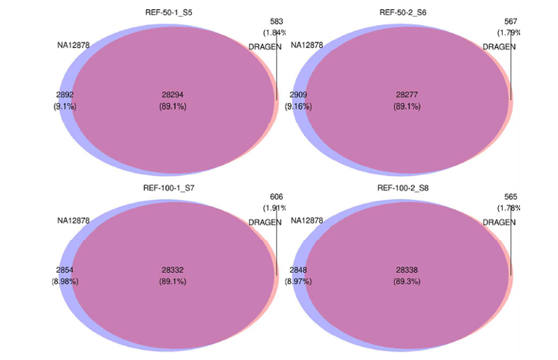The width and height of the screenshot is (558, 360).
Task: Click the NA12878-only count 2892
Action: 65,95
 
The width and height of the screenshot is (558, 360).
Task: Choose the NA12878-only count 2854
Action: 65,270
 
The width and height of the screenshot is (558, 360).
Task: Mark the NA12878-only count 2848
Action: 298,270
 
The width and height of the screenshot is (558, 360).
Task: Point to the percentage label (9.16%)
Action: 298,107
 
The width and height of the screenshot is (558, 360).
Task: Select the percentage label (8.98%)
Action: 65,281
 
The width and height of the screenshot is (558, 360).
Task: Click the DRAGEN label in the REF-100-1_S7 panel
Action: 264,222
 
